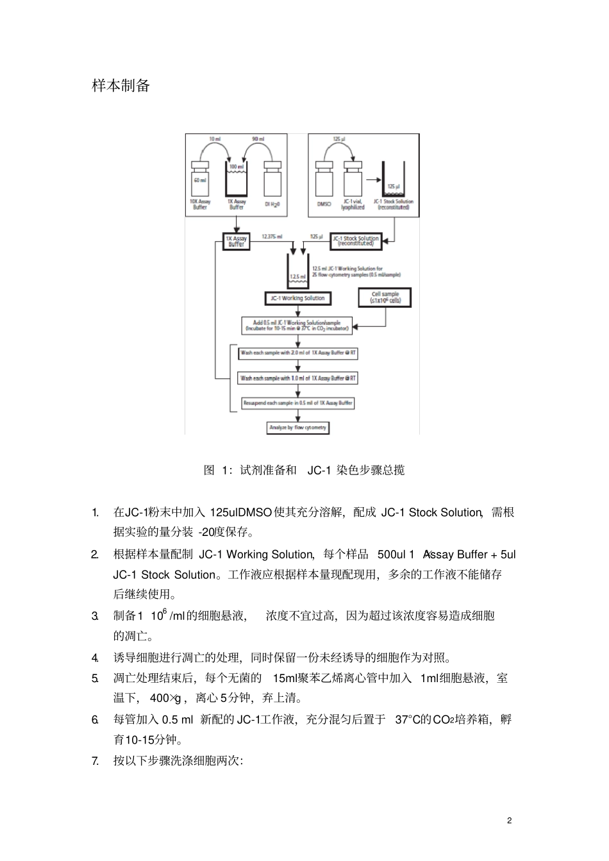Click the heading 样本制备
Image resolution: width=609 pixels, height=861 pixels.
click(x=121, y=86)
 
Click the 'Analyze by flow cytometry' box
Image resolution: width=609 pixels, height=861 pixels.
click(x=297, y=428)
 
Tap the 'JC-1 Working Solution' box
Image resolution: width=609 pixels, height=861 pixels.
click(x=297, y=298)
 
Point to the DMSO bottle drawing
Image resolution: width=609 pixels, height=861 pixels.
click(x=324, y=180)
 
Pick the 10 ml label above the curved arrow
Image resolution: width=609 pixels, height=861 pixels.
click(x=215, y=139)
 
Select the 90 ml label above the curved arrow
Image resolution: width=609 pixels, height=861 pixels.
click(x=259, y=139)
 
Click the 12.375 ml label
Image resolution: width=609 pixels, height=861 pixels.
click(x=272, y=237)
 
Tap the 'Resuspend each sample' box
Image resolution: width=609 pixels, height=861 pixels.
click(x=297, y=403)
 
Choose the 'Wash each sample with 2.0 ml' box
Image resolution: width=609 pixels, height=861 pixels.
click(x=298, y=353)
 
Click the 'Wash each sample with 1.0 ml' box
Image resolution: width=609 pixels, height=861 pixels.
click(x=298, y=378)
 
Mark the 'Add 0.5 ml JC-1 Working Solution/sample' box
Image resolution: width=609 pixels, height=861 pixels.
click(x=297, y=326)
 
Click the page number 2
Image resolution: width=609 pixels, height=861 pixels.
click(x=510, y=821)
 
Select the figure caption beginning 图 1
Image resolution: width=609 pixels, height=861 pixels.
click(x=304, y=471)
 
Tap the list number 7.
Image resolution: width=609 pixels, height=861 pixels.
click(x=96, y=762)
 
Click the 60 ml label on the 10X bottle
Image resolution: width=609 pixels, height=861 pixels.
click(x=199, y=181)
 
